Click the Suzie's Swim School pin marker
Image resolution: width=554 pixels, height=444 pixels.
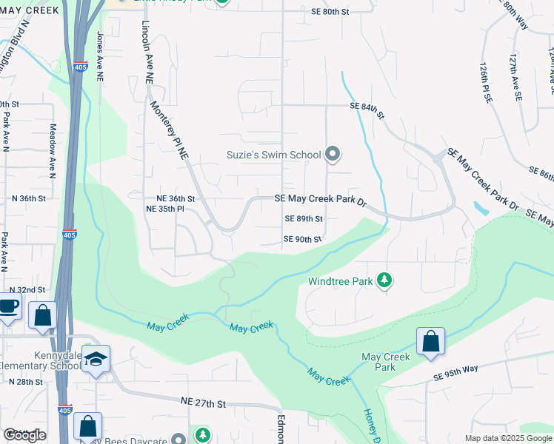[333, 155]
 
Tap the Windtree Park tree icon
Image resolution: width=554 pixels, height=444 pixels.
[384, 280]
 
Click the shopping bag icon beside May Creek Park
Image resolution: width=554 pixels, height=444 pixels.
[430, 342]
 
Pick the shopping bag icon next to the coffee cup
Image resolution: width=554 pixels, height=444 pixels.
[42, 314]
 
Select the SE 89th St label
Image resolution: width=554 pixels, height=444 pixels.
[304, 219]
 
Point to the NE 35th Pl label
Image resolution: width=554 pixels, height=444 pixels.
[165, 209]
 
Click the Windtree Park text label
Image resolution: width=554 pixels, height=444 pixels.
[341, 281]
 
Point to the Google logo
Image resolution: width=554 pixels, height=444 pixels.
[24, 435]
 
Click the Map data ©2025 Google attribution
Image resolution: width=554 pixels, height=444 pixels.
[508, 438]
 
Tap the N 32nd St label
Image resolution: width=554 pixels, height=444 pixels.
[27, 289]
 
